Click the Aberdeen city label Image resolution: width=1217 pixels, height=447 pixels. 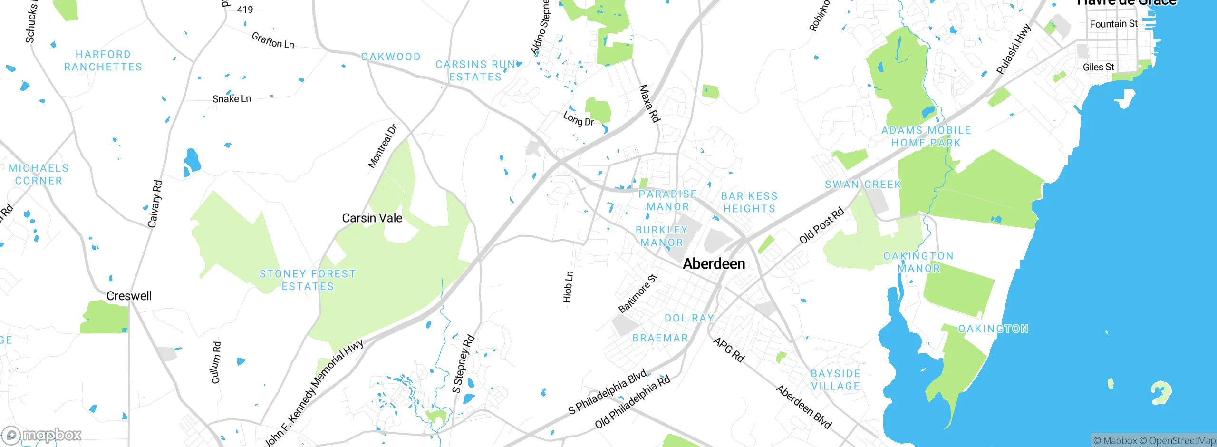714,264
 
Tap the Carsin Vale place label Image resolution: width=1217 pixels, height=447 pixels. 372,218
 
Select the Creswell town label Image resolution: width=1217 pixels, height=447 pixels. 129,296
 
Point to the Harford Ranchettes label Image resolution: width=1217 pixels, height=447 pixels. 103,61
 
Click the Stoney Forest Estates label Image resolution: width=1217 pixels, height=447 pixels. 308,280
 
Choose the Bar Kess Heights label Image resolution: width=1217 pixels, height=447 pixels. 749,203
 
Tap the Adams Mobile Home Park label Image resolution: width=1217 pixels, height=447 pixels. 926,136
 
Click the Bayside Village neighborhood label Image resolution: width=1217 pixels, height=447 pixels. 836,380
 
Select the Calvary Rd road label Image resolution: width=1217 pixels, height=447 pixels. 155,204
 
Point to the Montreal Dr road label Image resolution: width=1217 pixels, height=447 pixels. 382,146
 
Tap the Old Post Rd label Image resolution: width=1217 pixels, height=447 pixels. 821,225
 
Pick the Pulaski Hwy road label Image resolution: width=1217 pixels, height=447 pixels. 1014,49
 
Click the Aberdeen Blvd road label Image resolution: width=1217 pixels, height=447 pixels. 804,407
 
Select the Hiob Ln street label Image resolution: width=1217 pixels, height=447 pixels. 568,287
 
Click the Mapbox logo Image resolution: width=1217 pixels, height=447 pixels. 42,435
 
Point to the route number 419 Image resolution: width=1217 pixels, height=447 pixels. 245,10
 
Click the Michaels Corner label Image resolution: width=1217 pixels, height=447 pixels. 39,175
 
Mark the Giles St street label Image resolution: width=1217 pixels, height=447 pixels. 1098,67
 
